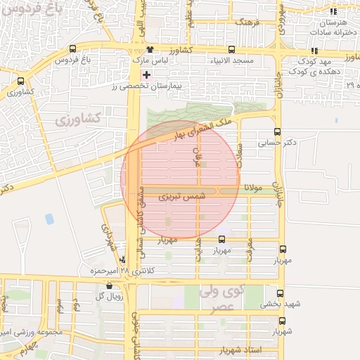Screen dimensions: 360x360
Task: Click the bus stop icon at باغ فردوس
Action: click(x=73, y=49)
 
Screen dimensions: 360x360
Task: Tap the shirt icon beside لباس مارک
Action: click(x=150, y=49)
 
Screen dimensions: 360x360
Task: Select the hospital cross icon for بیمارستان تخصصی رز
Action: click(x=146, y=75)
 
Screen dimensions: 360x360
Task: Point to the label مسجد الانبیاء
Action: click(x=231, y=62)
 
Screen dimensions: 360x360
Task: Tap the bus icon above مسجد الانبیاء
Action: click(x=231, y=49)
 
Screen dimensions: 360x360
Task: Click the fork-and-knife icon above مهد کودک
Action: click(x=314, y=50)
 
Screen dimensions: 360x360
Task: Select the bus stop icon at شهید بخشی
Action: click(x=281, y=293)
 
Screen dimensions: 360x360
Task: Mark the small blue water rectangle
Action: click(x=49, y=219)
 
